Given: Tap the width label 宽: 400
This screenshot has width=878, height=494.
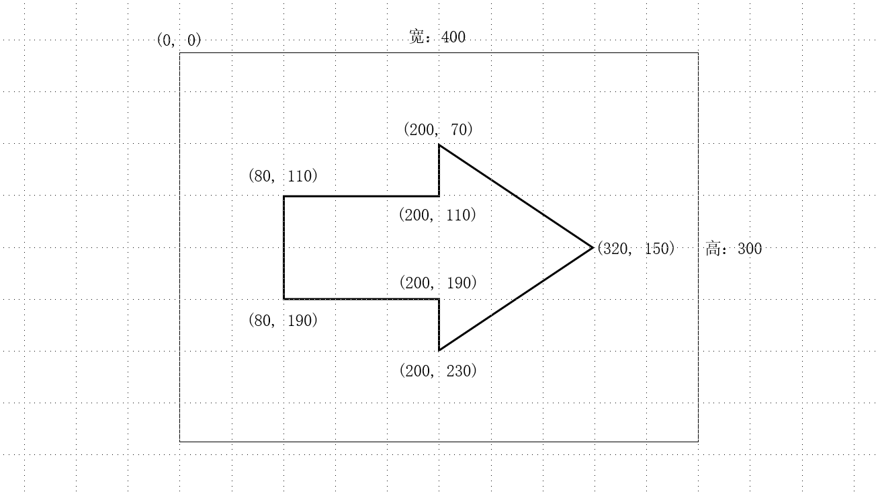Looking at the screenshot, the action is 437,37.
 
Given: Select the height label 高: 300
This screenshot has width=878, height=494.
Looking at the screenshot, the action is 734,249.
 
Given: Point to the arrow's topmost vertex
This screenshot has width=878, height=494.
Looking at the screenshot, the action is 439,145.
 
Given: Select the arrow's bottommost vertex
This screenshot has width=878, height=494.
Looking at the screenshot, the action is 439,350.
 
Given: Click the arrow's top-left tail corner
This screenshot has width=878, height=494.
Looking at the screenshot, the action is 284,196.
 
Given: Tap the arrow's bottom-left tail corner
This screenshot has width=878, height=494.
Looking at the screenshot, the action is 284,298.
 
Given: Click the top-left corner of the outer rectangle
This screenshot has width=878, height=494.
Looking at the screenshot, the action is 180,52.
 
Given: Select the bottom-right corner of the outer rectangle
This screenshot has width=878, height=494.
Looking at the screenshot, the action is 698,442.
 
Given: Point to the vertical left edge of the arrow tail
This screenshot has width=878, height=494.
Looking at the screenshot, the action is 284,247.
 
